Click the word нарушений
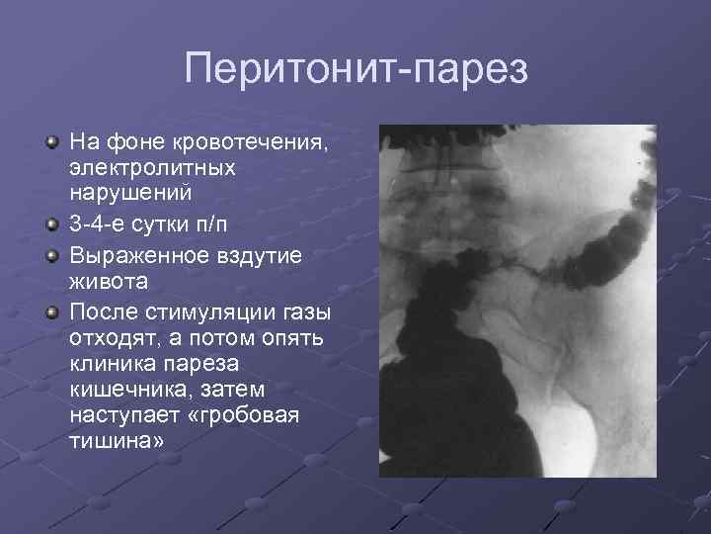[129, 193]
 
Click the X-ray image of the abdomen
[518, 301]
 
